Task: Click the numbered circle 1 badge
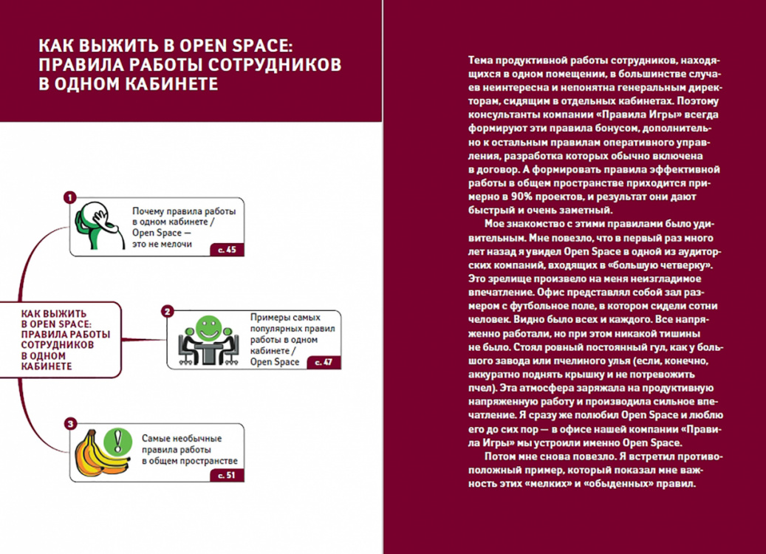(x=70, y=197)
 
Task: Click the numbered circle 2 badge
(x=168, y=312)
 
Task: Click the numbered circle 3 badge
(x=70, y=424)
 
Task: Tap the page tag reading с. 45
(x=227, y=250)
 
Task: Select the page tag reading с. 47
(x=324, y=363)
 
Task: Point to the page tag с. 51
(x=227, y=475)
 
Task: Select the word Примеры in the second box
(x=270, y=317)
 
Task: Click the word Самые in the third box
(x=157, y=438)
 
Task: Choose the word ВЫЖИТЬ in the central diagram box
(x=67, y=313)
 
